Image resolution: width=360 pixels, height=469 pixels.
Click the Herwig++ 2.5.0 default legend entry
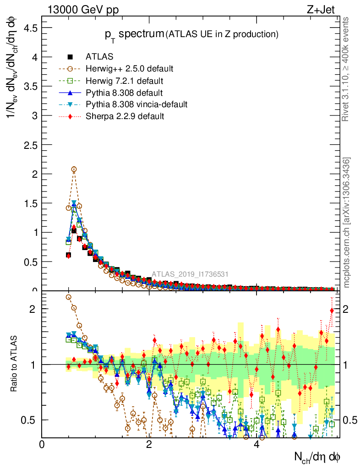point(129,69)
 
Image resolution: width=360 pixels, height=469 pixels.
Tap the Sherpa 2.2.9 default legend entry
point(125,116)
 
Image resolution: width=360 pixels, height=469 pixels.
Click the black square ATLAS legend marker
point(70,57)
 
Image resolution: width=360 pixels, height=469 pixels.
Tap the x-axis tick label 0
point(42,445)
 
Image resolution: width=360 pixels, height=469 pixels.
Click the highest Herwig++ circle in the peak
point(74,169)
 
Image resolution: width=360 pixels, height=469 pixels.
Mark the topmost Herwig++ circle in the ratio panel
point(69,297)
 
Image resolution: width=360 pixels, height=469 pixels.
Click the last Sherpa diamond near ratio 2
point(332,311)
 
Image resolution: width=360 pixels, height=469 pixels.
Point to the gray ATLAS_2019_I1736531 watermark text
point(190,274)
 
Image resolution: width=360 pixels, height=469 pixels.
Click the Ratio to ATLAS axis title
point(14,365)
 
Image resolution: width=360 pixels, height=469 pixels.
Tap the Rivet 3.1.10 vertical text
point(346,69)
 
